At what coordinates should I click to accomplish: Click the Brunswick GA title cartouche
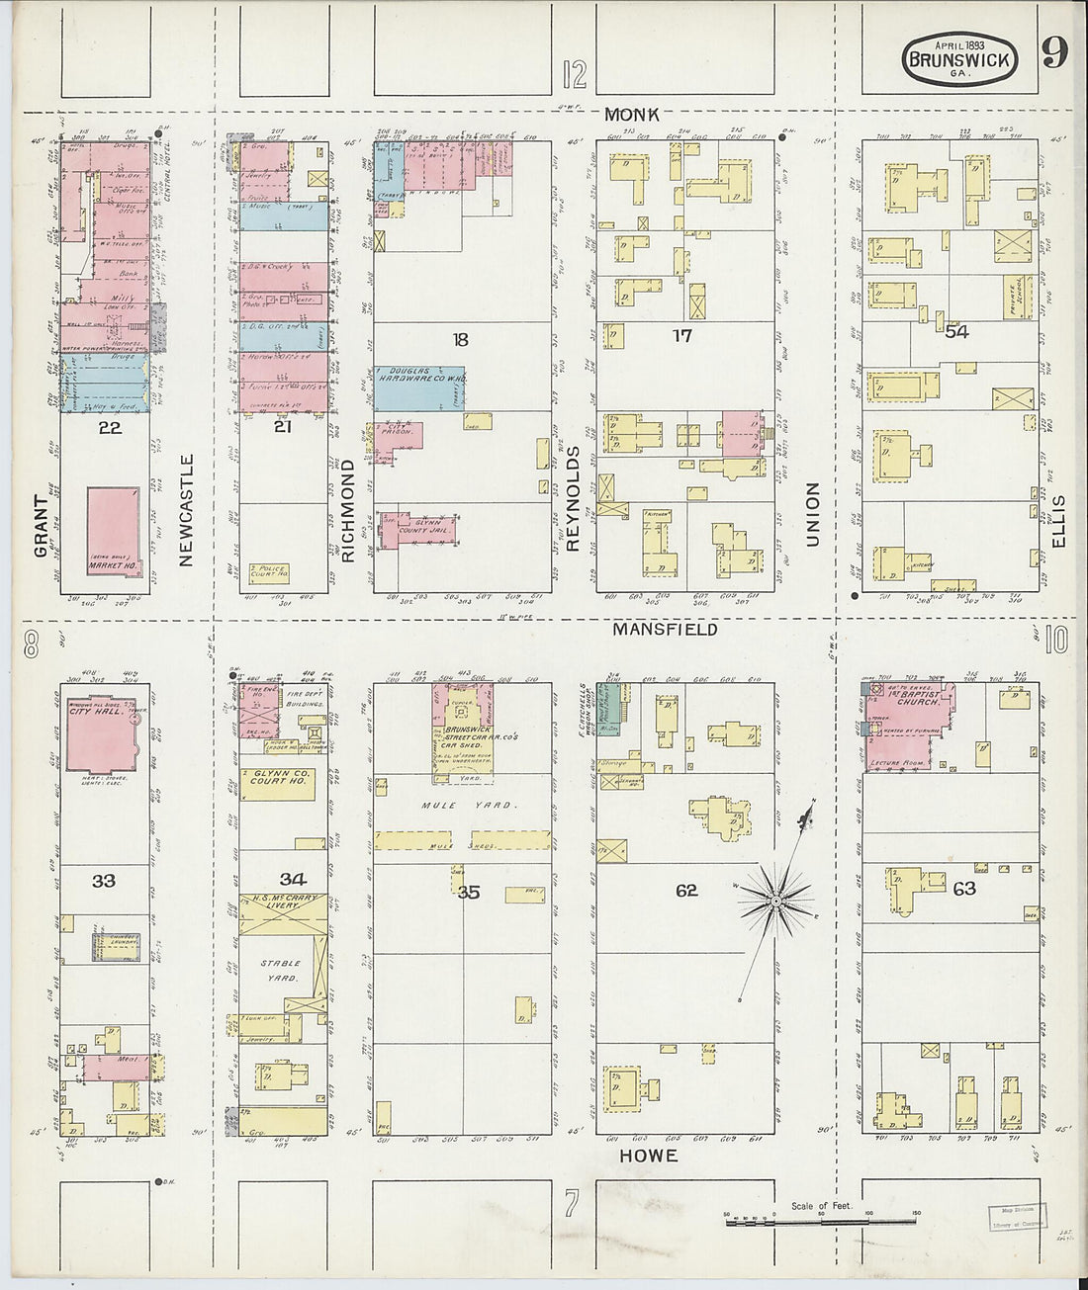[x=958, y=60]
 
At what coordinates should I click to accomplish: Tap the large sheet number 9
[x=1054, y=53]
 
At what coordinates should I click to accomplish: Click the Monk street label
[x=633, y=115]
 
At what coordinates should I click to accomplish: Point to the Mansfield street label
[x=665, y=629]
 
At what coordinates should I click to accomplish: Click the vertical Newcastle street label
[x=185, y=510]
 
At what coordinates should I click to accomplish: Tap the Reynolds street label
[x=573, y=497]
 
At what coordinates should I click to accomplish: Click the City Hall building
[x=101, y=736]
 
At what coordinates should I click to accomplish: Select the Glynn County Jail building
[x=420, y=530]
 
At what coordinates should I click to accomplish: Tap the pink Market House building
[x=114, y=531]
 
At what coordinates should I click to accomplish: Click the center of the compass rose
[x=776, y=901]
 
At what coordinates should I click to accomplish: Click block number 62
[x=686, y=891]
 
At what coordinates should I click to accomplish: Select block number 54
[x=956, y=331]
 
